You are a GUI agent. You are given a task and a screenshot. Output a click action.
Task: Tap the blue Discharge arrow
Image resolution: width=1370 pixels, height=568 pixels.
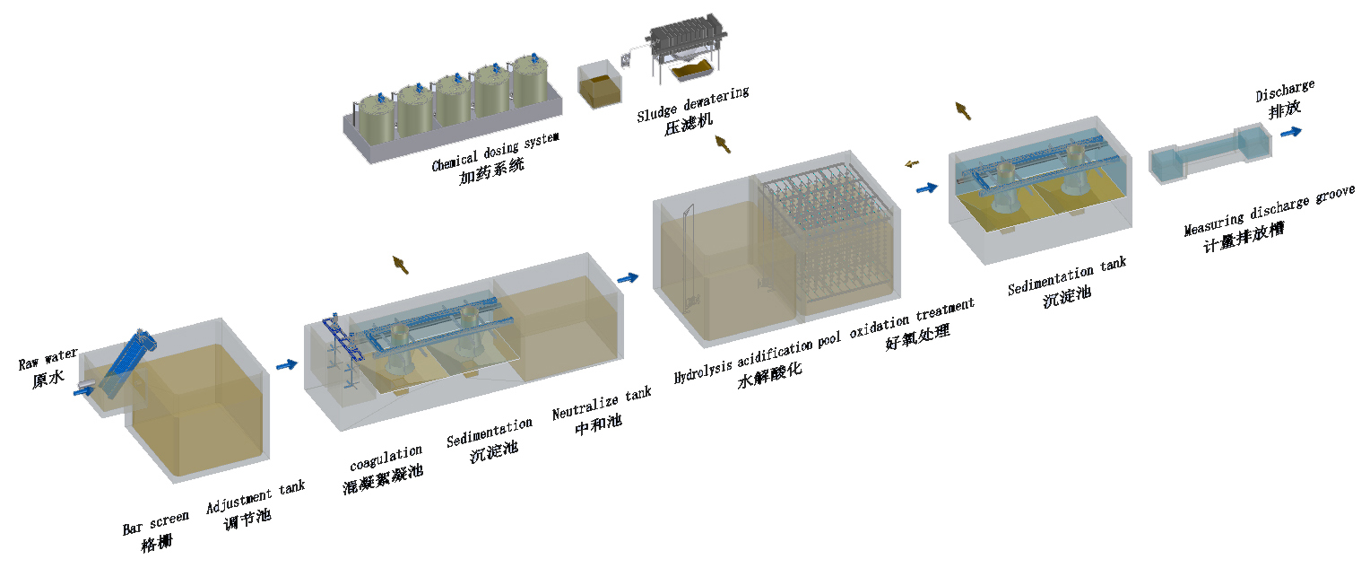[x=1292, y=132]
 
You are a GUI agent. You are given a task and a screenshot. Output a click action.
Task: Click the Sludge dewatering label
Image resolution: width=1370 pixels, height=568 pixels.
[x=693, y=104]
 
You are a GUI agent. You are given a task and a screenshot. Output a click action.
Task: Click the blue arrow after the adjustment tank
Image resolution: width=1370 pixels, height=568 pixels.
[x=287, y=364]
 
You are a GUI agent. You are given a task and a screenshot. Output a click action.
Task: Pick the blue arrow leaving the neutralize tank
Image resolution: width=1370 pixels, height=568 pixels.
[x=629, y=278]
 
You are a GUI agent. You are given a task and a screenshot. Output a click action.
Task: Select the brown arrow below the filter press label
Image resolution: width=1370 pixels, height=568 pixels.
[x=720, y=143]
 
